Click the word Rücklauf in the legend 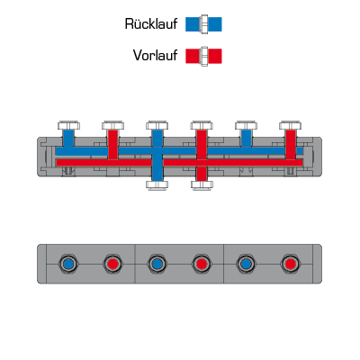point(151,24)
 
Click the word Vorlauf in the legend point(155,56)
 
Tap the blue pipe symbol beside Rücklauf point(203,24)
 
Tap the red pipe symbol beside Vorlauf point(203,56)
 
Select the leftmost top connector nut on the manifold point(68,125)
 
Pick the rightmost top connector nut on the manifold point(291,125)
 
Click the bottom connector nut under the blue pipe point(157,184)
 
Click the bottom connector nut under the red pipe point(202,184)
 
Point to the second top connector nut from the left point(112,125)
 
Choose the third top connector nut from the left point(157,125)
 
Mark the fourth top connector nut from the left point(202,125)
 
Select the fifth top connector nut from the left point(246,125)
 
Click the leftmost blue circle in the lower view point(68,264)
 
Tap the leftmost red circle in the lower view point(112,264)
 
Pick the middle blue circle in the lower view point(157,264)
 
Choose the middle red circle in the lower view point(202,264)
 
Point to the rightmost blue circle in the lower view point(246,264)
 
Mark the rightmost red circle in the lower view point(290,264)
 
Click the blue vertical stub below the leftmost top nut point(68,139)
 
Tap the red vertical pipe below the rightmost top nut point(291,144)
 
